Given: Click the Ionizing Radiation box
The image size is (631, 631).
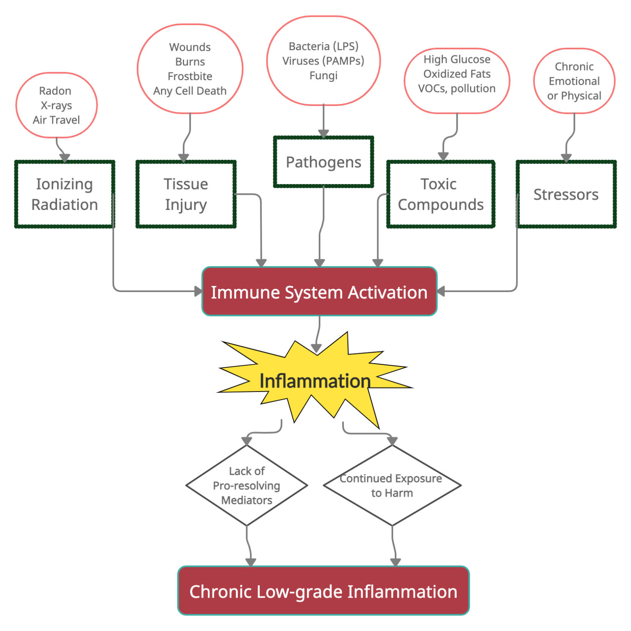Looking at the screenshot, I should pos(64,194).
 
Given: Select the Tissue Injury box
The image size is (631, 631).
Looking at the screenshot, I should pos(186,194).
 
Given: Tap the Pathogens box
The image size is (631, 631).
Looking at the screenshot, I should pos(323,162).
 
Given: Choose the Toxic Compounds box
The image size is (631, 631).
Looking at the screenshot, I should pos(440,194).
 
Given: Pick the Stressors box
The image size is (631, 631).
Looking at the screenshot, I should pos(566,194).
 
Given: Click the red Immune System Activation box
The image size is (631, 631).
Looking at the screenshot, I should pos(319,292).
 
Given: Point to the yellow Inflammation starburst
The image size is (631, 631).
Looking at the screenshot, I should pos(315,381).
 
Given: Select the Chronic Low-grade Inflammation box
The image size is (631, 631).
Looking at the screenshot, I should pos(323,592).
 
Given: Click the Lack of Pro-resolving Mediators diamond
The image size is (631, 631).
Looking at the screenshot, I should pos(246,486).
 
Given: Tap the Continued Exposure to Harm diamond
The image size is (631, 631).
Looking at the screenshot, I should pos(392,486).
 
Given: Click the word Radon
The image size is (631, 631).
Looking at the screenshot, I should pos(55,91).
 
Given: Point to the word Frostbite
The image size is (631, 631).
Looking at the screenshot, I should pos(190,76).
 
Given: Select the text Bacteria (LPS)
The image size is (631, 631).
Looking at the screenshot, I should pos(323,46).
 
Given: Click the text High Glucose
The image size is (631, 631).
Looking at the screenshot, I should pos(457,60).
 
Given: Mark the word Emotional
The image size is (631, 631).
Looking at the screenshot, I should pos(574,81).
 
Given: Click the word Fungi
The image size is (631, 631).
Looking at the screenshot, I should pos(323,76).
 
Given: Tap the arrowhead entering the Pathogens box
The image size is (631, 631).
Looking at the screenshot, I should pos(323,134).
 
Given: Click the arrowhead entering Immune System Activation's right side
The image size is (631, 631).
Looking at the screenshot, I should pos(441,291).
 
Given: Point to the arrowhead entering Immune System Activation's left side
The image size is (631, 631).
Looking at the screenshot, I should pos(198,291).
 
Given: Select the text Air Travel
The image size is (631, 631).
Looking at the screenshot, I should pos(56,120).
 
